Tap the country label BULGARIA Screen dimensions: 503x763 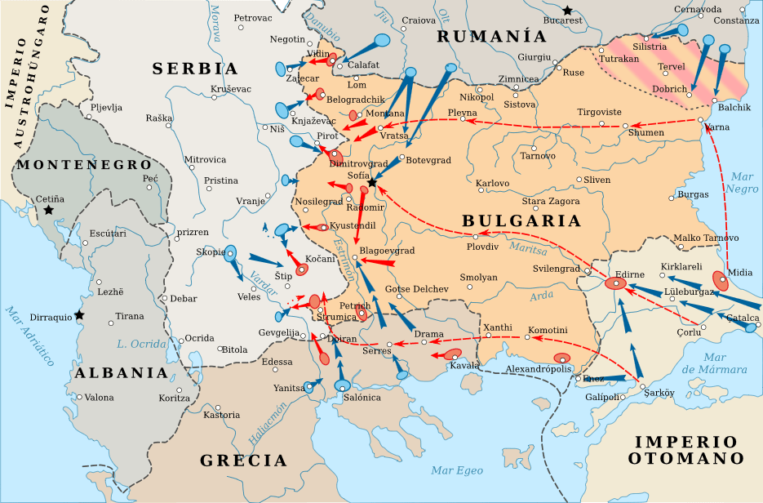point(521,221)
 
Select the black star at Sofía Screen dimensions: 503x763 point(371,183)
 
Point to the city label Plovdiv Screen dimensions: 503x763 point(481,246)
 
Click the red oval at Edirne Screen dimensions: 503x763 point(616,283)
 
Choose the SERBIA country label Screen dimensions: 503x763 point(195,69)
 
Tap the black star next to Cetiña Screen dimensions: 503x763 point(49,210)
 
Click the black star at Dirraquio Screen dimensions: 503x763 point(78,314)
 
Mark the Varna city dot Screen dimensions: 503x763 point(701,121)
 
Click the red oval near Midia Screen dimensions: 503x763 point(721,280)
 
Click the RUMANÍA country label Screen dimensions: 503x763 point(491,36)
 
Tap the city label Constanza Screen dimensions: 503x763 point(736,20)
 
